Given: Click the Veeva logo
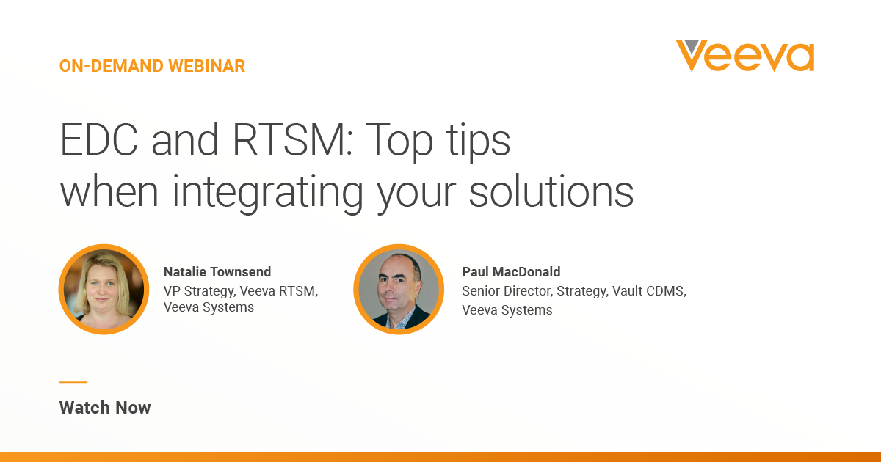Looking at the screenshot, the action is click(745, 56).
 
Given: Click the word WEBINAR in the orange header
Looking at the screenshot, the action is click(207, 66).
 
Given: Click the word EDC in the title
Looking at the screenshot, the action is click(99, 140).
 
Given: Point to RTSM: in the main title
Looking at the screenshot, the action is click(293, 140).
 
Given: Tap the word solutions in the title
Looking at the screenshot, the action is click(551, 191).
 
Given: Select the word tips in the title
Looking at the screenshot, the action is click(478, 142).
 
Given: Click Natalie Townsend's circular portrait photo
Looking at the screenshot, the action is click(104, 290).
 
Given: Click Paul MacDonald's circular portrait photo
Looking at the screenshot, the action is click(399, 290).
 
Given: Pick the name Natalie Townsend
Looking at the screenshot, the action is click(217, 272).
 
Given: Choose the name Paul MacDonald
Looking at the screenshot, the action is click(511, 272).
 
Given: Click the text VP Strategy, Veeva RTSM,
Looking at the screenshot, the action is click(241, 291).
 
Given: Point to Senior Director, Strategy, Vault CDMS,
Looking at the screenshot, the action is click(574, 291).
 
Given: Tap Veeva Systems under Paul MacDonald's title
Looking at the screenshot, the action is click(507, 310).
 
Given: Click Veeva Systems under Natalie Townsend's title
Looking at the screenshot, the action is click(209, 307).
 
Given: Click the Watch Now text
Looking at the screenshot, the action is click(105, 408).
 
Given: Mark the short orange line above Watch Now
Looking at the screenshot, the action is click(73, 382).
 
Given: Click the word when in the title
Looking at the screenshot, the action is click(109, 191).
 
